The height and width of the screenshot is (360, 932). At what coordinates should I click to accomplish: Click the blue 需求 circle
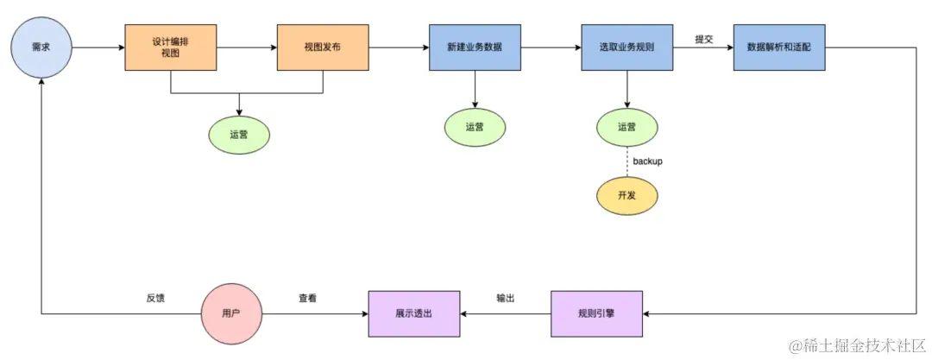pyautogui.click(x=41, y=47)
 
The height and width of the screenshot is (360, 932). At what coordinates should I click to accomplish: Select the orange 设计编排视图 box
pyautogui.click(x=171, y=47)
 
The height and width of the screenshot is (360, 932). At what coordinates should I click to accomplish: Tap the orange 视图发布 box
pyautogui.click(x=322, y=47)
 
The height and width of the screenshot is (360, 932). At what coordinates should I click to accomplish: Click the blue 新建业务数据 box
pyautogui.click(x=474, y=47)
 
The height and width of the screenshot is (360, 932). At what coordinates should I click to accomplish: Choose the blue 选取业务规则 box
pyautogui.click(x=627, y=47)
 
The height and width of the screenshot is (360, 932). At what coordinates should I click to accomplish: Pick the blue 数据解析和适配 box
pyautogui.click(x=778, y=47)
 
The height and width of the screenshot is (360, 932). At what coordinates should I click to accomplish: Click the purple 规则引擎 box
pyautogui.click(x=596, y=313)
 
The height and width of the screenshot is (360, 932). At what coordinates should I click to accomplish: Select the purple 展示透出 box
pyautogui.click(x=413, y=313)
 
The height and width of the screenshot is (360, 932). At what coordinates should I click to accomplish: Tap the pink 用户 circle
pyautogui.click(x=231, y=313)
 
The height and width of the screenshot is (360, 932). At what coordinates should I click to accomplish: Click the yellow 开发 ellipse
pyautogui.click(x=627, y=196)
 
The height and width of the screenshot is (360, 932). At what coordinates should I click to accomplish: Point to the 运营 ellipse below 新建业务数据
pyautogui.click(x=475, y=127)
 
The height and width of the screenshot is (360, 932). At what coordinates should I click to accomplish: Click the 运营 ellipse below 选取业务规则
pyautogui.click(x=627, y=127)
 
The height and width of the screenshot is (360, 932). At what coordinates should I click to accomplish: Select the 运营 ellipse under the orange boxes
pyautogui.click(x=239, y=135)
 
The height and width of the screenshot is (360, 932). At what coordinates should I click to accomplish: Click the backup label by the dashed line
pyautogui.click(x=648, y=161)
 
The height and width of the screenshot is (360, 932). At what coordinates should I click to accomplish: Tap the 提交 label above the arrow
pyautogui.click(x=704, y=39)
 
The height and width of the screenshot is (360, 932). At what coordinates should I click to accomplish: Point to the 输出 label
pyautogui.click(x=506, y=298)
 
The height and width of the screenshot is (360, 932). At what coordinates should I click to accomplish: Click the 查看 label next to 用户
pyautogui.click(x=307, y=298)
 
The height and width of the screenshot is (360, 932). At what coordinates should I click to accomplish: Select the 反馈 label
pyautogui.click(x=155, y=298)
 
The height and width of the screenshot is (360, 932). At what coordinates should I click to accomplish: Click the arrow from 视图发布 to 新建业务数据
pyautogui.click(x=398, y=47)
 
